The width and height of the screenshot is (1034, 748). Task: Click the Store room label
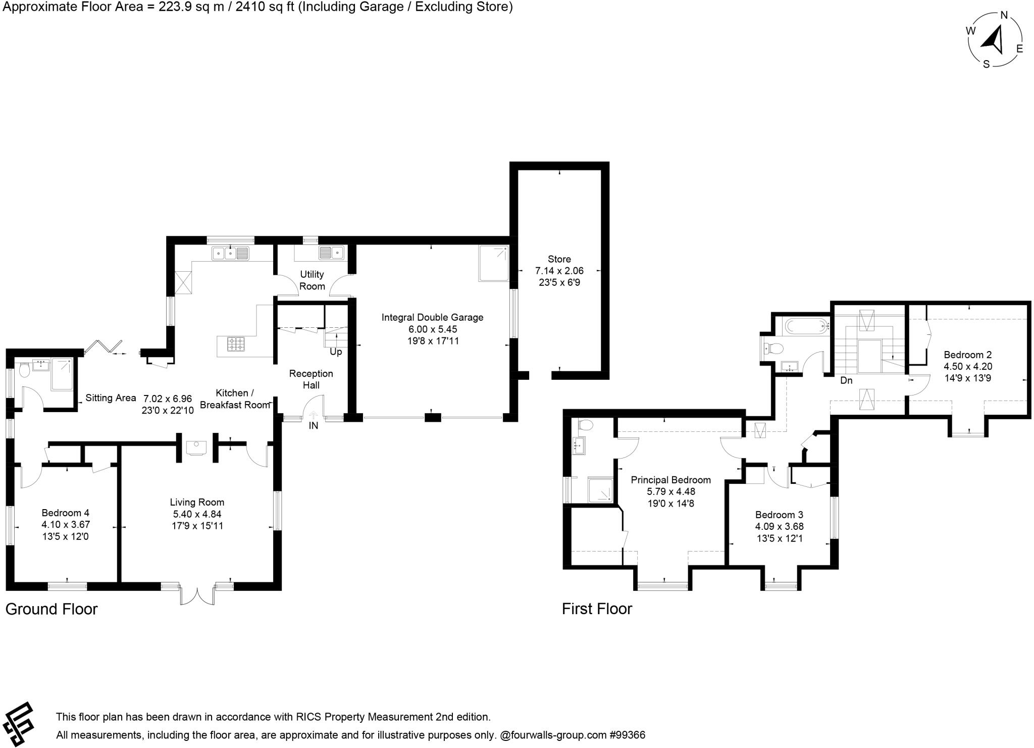[559, 259]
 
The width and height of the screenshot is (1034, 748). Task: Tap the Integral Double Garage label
[432, 318]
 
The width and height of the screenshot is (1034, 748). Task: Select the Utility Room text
[312, 280]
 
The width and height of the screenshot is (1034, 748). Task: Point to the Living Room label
[197, 502]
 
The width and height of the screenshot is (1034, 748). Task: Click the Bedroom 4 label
[66, 513]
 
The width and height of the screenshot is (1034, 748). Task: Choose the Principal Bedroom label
[670, 480]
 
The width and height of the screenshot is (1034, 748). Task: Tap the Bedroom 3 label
[779, 515]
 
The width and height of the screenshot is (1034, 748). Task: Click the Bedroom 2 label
[967, 355]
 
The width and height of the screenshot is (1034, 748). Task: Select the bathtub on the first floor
[806, 326]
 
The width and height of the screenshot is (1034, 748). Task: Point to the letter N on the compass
[1004, 15]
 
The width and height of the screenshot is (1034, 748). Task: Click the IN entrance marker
[314, 426]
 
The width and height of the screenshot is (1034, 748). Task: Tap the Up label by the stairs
[336, 352]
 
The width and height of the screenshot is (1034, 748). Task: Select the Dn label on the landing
[846, 380]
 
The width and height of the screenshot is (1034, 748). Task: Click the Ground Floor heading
[51, 609]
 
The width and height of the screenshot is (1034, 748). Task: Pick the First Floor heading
[597, 609]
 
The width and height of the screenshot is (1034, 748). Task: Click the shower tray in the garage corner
[493, 263]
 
